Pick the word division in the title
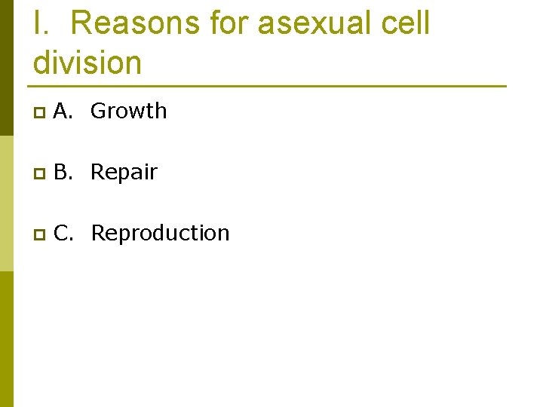[87, 62]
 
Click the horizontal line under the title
[269, 86]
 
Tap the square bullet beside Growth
[39, 112]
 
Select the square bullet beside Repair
[39, 173]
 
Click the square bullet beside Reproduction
[39, 234]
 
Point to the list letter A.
[63, 112]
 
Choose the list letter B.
[63, 173]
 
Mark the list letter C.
[63, 234]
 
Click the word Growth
[128, 112]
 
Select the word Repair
[124, 173]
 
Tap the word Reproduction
[160, 234]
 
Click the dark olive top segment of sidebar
[7, 68]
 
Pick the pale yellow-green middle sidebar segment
[7, 203]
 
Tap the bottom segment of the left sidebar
[7, 339]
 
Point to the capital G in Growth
[98, 112]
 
